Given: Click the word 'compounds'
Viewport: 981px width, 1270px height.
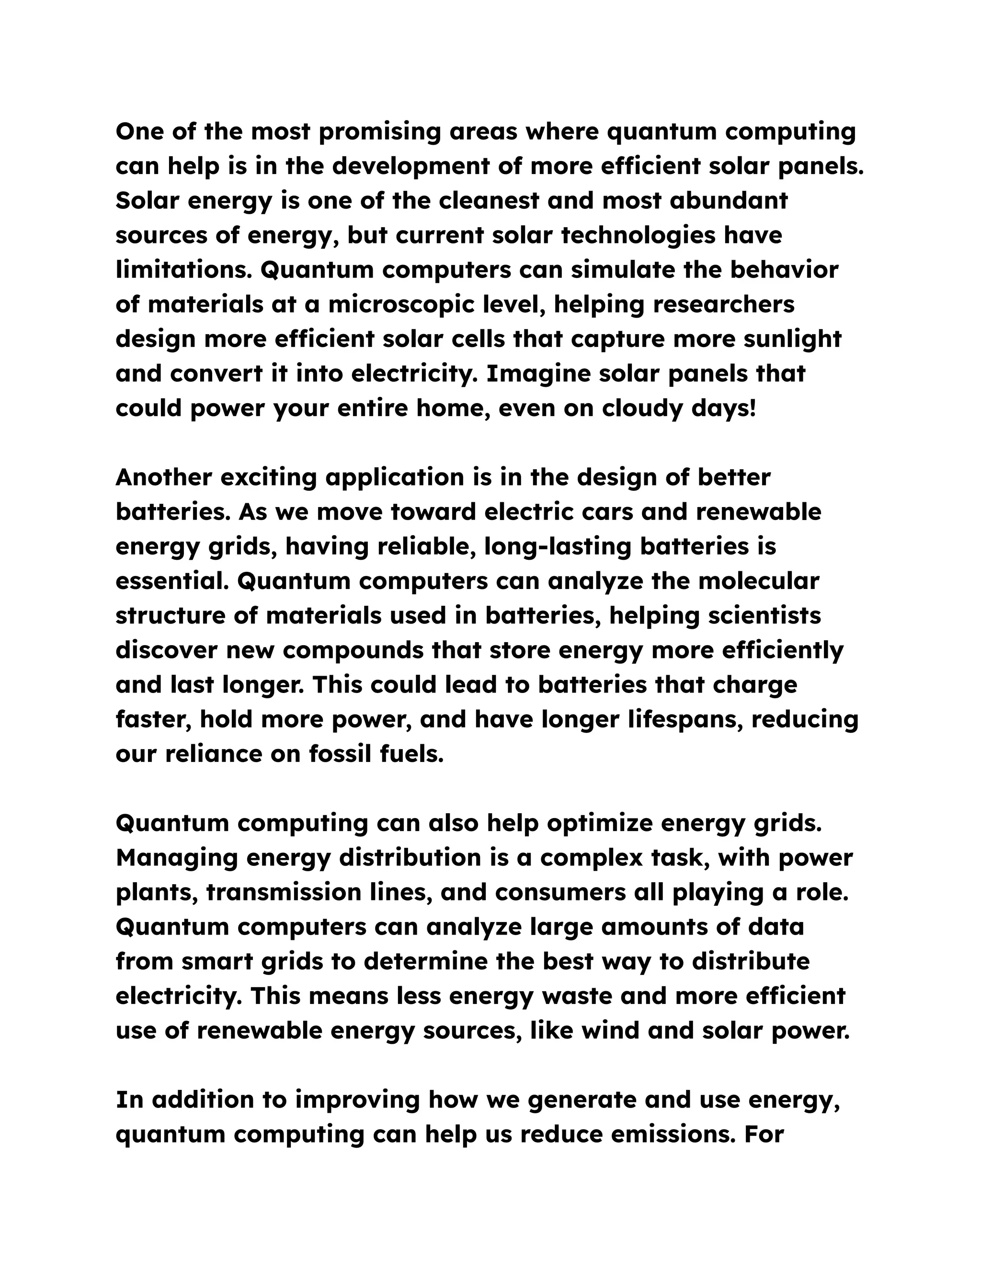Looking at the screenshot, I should point(354,650).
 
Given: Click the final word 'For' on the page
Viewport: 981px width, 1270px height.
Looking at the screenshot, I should point(764,1134).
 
